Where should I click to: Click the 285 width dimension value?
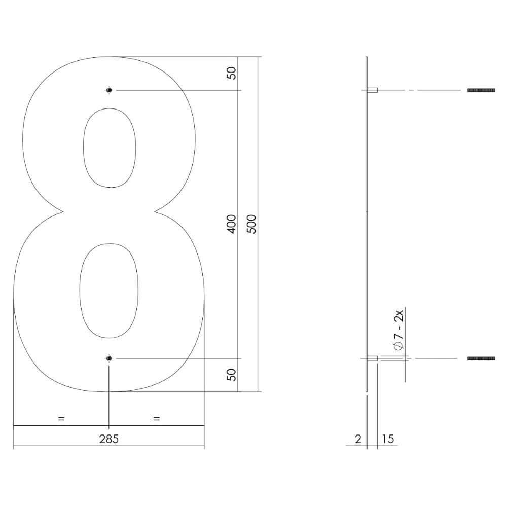tap(108, 439)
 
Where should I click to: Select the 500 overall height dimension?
tap(252, 224)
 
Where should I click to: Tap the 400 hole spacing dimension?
tap(231, 224)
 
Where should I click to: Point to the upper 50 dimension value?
tap(231, 73)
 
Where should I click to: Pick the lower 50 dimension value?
tap(231, 375)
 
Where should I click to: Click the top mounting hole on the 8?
tap(109, 90)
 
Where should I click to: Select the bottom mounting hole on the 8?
tap(109, 358)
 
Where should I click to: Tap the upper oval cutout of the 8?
tap(110, 148)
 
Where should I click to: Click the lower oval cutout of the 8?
tap(108, 291)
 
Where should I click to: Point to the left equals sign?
tap(61, 419)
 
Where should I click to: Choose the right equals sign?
tap(156, 419)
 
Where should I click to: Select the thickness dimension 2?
tap(358, 439)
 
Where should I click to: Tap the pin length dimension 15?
tap(388, 439)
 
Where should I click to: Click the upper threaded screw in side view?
tap(481, 90)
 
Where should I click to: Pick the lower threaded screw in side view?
tap(481, 358)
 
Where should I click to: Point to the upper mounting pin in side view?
tap(372, 90)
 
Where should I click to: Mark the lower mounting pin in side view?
tap(372, 358)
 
